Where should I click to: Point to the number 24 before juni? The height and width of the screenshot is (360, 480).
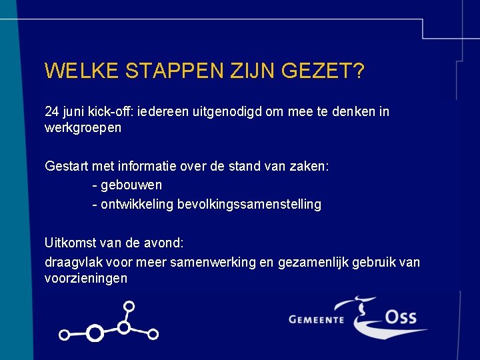pos(51,111)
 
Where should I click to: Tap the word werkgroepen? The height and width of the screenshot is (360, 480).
pos(83,127)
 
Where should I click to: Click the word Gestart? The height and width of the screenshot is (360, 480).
pos(65,165)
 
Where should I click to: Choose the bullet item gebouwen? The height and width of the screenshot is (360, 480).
pos(131,185)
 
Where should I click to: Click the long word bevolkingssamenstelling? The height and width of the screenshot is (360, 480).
pos(249,204)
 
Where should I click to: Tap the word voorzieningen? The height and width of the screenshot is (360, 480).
pos(85,278)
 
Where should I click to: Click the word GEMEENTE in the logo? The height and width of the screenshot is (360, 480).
pos(316,319)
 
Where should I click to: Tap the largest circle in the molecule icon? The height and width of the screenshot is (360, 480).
pos(95,332)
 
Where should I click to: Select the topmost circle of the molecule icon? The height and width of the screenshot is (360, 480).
pos(129,306)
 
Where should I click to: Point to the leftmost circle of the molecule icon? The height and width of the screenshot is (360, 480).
pos(64,335)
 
